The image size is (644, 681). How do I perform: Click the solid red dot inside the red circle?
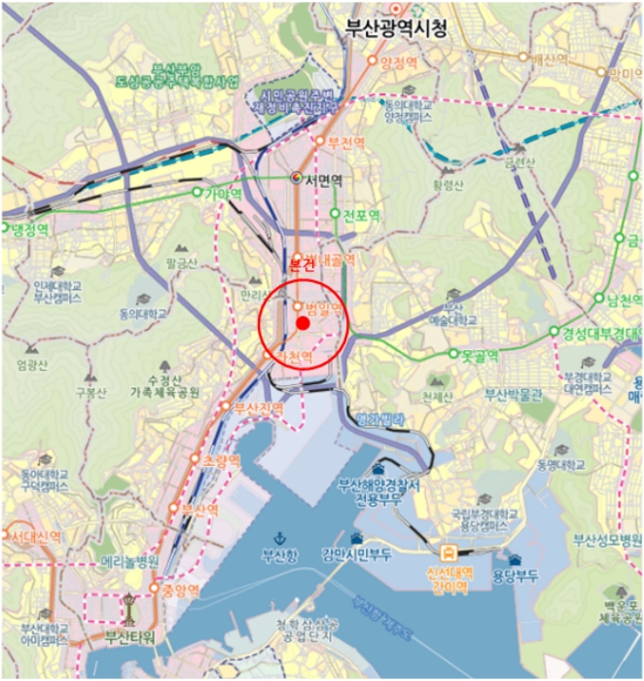point(303,323)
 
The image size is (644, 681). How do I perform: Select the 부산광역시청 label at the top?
point(397,28)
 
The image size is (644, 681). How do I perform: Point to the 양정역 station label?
point(398,61)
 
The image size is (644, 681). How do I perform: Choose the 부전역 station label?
point(345,142)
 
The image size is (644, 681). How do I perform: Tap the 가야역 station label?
point(223,194)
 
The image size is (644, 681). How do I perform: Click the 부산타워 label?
point(130,638)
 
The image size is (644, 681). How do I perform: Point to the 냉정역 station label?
point(29,230)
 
